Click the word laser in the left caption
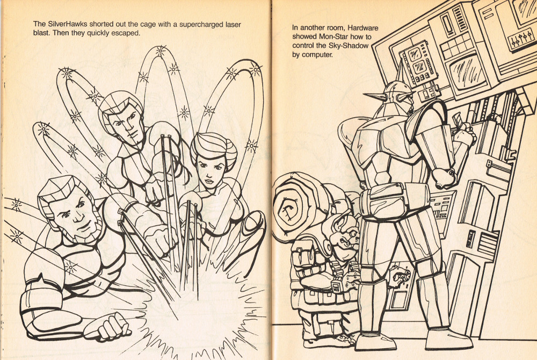(233, 24)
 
